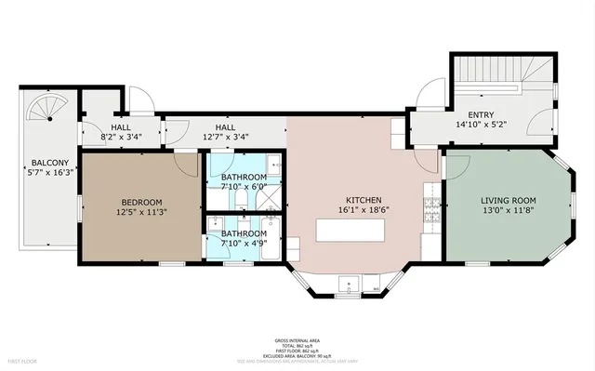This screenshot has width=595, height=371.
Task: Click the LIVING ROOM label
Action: coord(509,201)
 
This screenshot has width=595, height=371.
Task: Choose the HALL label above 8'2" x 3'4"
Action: coord(121,127)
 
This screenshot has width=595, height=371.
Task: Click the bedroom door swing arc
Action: coord(189,166)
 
